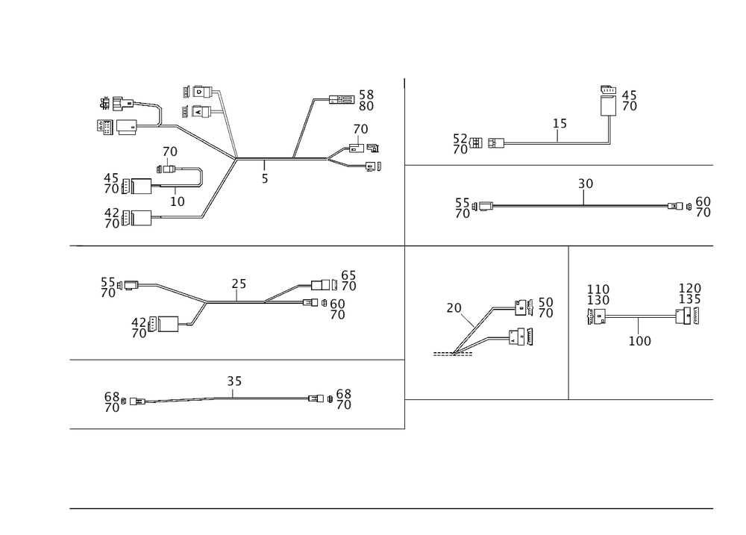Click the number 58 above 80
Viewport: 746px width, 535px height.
click(366, 95)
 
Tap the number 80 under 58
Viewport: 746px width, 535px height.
click(366, 107)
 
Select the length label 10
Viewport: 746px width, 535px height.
click(177, 201)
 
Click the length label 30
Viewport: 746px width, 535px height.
click(585, 183)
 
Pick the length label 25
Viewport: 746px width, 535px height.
click(239, 284)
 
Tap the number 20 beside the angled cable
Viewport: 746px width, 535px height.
click(454, 307)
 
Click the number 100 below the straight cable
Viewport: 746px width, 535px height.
click(639, 341)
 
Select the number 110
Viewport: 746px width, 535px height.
click(598, 289)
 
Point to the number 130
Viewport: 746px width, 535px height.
click(598, 301)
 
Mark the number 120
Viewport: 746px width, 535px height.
click(689, 289)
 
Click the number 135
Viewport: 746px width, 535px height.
click(689, 301)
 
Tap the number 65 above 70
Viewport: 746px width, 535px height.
click(348, 275)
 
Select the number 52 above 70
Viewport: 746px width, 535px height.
click(461, 138)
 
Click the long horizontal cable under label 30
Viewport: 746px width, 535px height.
click(582, 205)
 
